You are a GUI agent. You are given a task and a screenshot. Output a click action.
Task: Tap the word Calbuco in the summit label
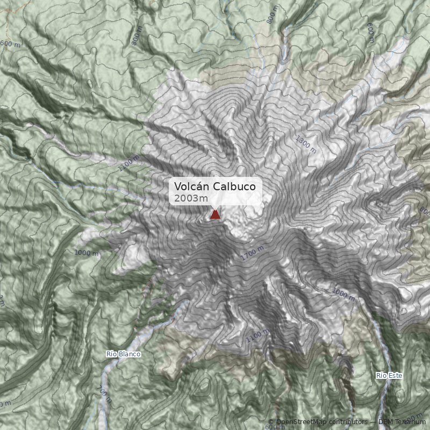237,187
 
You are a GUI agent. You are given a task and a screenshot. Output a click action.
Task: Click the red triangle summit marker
216,215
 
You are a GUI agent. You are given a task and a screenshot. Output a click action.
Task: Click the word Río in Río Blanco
112,354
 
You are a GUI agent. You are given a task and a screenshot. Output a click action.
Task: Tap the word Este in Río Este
395,375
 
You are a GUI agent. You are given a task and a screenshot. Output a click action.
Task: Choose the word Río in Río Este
382,375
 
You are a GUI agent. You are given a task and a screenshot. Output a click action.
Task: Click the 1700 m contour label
252,254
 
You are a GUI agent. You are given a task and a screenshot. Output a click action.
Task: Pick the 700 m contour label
105,394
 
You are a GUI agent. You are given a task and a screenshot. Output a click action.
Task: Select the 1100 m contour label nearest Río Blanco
257,336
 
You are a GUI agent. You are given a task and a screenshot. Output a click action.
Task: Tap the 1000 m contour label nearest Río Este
343,294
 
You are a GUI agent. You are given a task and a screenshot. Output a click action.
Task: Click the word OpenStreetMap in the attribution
302,422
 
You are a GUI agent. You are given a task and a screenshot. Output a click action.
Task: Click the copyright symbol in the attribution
271,422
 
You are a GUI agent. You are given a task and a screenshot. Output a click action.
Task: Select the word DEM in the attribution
385,422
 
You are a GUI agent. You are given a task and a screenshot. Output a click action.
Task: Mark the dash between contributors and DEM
373,422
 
